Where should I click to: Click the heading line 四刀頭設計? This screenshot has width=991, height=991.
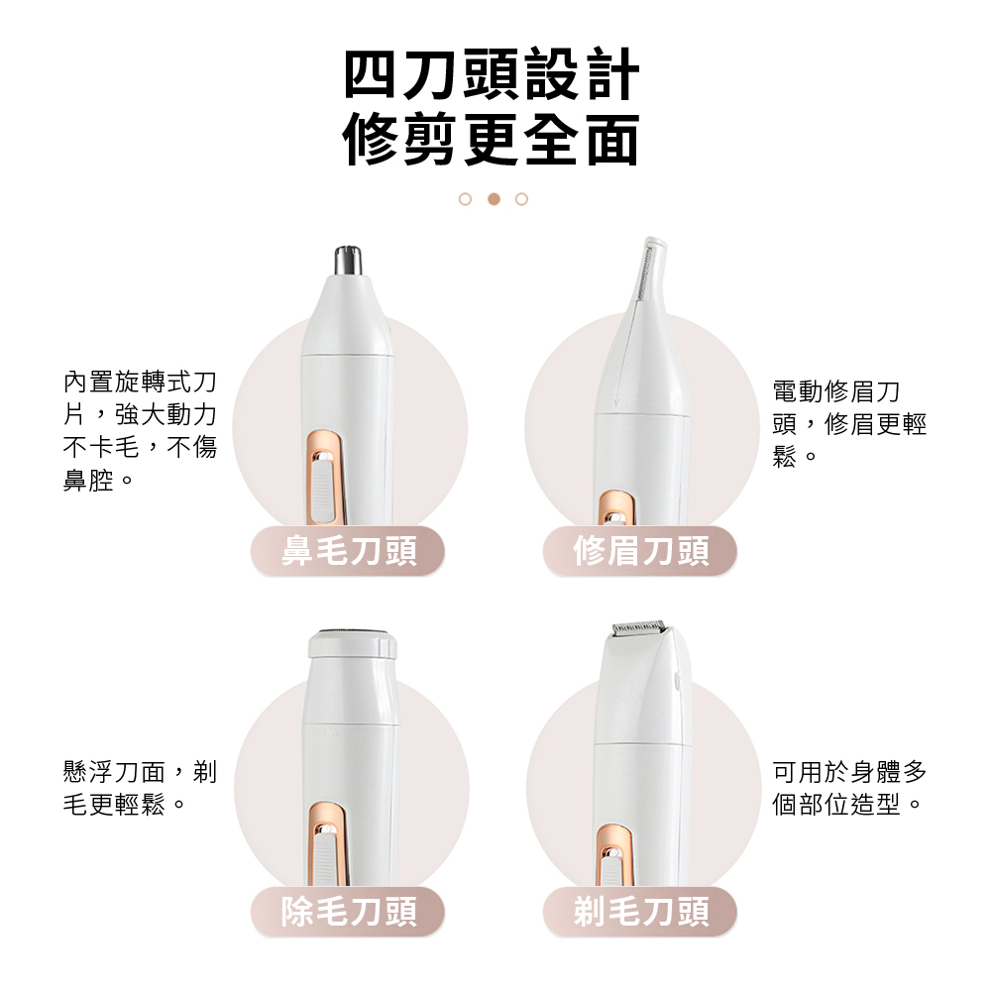(492, 74)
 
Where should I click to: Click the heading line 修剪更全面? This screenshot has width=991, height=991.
(492, 140)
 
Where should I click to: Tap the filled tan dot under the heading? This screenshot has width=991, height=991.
(495, 199)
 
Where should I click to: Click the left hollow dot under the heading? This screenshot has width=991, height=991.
(465, 199)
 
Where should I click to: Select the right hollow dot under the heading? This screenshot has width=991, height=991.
(521, 199)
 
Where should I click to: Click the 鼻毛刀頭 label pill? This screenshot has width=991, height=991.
(348, 550)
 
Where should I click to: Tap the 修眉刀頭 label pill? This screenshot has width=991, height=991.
(640, 550)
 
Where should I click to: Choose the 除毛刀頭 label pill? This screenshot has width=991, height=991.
(348, 912)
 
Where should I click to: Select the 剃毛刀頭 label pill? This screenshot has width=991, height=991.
(640, 912)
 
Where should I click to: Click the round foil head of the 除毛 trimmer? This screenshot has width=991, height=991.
(353, 634)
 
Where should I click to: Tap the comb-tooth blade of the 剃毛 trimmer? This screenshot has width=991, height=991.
(638, 627)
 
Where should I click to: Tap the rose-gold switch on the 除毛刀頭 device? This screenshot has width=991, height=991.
(327, 843)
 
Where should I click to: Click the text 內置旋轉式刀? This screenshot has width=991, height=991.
(141, 382)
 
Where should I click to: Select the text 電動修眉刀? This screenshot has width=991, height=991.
(836, 391)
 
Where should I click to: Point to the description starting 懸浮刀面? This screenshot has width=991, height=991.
(141, 788)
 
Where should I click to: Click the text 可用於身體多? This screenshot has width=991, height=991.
(849, 772)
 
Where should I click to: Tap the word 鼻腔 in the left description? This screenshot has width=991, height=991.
(88, 481)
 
